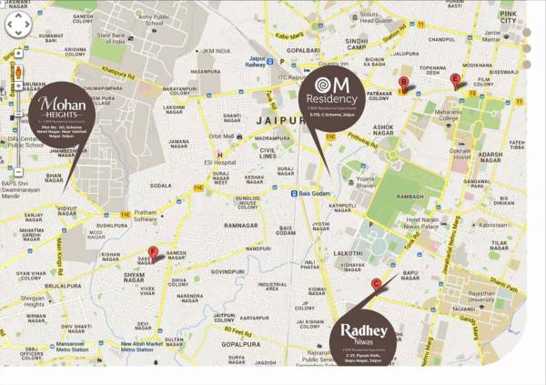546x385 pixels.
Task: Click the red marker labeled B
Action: tap(403, 84)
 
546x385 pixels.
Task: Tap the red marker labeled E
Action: tap(456, 80)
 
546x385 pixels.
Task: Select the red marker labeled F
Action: tap(153, 253)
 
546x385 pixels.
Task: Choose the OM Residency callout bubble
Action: tap(333, 98)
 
